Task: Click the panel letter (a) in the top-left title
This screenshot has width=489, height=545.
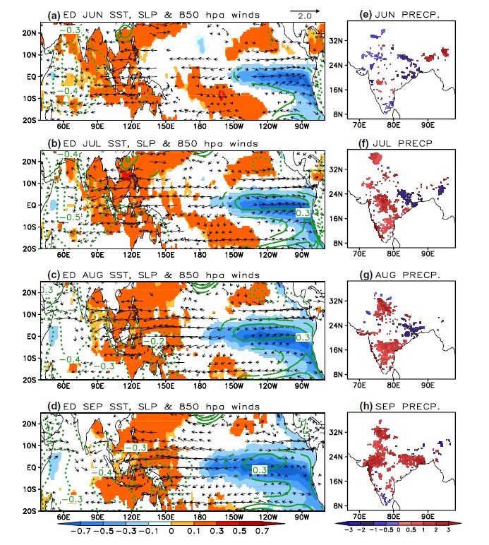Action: point(54,16)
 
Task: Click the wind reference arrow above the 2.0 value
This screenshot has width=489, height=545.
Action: point(305,11)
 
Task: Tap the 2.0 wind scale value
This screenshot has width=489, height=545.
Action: point(305,16)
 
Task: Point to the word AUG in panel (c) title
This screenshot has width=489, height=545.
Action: point(92,275)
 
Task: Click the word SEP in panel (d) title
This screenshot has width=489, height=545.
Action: point(92,407)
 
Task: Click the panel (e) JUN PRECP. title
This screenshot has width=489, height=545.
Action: point(399,15)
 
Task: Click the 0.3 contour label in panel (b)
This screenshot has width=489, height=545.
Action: point(303,212)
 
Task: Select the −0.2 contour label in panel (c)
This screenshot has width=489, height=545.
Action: point(154,341)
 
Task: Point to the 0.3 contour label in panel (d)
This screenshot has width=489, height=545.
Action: point(260,470)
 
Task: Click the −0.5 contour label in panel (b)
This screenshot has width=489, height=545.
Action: point(69,217)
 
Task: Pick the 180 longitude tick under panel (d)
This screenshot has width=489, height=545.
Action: point(200,517)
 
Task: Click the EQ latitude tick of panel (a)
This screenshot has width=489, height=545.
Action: point(32,77)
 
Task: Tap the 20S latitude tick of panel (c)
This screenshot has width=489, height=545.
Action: point(30,380)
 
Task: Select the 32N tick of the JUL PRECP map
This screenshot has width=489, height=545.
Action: point(337,169)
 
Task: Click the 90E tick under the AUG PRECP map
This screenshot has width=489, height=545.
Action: point(428,385)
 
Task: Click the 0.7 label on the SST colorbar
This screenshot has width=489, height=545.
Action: point(262,531)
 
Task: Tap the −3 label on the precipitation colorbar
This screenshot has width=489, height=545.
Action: point(348,530)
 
